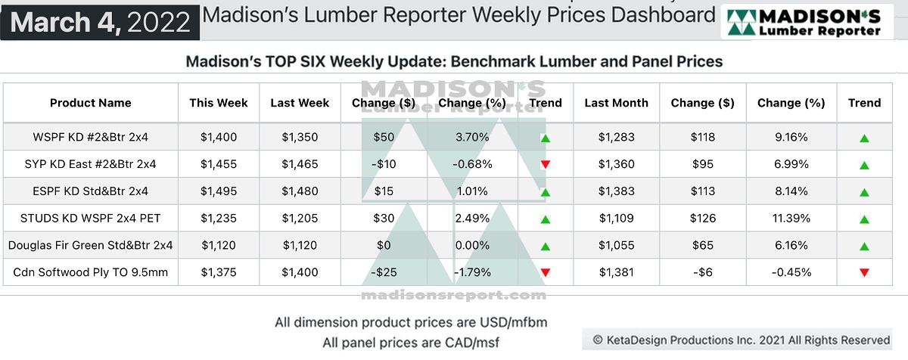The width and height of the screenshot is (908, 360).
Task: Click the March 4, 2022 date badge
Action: (101, 22)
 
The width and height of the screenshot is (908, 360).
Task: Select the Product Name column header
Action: (91, 103)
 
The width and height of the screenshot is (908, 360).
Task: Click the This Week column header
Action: (219, 103)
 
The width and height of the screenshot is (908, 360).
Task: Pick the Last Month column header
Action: (616, 103)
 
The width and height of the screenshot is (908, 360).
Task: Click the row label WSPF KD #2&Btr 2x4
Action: (91, 138)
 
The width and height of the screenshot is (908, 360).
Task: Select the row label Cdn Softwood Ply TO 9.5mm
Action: (91, 272)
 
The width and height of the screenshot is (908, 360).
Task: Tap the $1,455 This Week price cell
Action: (219, 164)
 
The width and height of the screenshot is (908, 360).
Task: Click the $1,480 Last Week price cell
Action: (300, 191)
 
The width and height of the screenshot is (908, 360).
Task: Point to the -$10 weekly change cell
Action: (384, 164)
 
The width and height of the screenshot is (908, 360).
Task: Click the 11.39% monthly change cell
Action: (791, 219)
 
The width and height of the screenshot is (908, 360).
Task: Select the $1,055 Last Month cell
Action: (616, 245)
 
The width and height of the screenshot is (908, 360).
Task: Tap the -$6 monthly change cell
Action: (702, 272)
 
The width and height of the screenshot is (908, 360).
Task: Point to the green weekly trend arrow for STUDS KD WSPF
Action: (545, 219)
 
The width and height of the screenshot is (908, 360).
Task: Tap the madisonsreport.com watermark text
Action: (454, 294)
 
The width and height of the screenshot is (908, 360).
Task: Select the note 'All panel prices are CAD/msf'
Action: (411, 343)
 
